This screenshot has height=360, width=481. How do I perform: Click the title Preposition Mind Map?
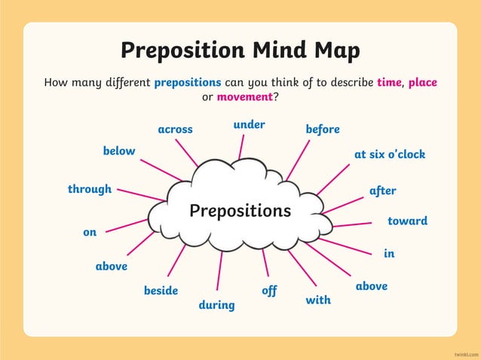tap(240, 50)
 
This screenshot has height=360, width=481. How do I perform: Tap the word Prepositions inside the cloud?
tap(240, 211)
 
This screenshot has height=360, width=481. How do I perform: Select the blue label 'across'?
tap(175, 130)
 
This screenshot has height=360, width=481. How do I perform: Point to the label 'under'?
tap(249, 124)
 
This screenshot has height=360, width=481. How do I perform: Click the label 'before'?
tap(323, 130)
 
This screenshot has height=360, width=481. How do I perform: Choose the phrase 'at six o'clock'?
tap(390, 154)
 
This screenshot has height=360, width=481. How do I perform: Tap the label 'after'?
tap(382, 191)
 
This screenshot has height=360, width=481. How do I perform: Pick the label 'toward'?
tap(407, 221)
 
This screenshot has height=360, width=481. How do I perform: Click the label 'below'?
tap(119, 151)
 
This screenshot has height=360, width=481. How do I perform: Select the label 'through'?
tap(90, 189)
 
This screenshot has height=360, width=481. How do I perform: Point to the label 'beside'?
tap(161, 290)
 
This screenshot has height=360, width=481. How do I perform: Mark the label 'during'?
tap(216, 305)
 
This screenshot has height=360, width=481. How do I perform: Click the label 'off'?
tap(269, 290)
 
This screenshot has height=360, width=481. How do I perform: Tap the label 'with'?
tap(318, 300)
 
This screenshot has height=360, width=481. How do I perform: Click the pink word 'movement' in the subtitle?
tap(244, 97)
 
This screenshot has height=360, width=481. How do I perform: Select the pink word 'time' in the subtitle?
tap(390, 82)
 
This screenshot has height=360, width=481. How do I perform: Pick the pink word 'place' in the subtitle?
tap(422, 82)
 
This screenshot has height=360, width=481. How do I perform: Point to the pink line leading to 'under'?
tap(241, 147)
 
